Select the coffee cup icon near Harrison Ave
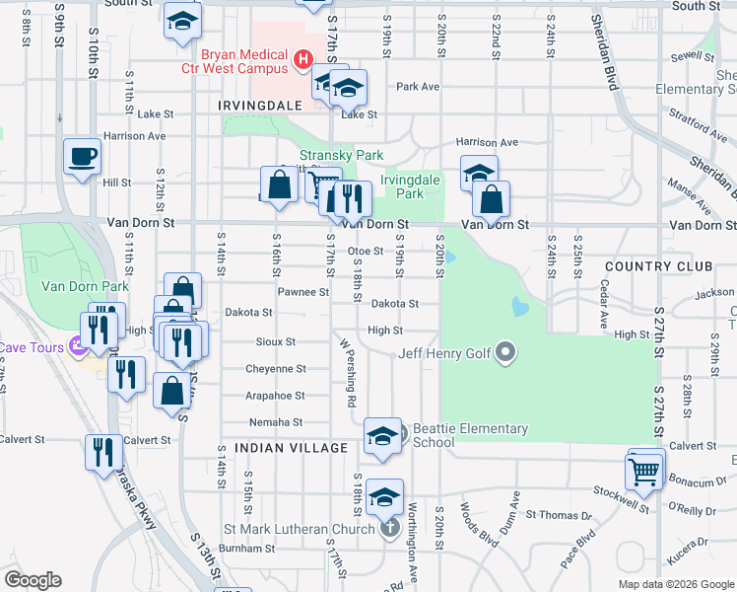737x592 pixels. pyautogui.click(x=82, y=155)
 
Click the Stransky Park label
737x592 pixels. pyautogui.click(x=341, y=155)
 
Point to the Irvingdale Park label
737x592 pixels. pyautogui.click(x=410, y=186)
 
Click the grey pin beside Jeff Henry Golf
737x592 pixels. pyautogui.click(x=506, y=351)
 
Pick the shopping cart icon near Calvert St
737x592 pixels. pyautogui.click(x=644, y=470)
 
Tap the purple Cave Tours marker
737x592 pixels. pyautogui.click(x=77, y=346)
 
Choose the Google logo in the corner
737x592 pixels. pyautogui.click(x=33, y=580)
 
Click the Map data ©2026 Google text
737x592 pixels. pyautogui.click(x=675, y=583)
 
